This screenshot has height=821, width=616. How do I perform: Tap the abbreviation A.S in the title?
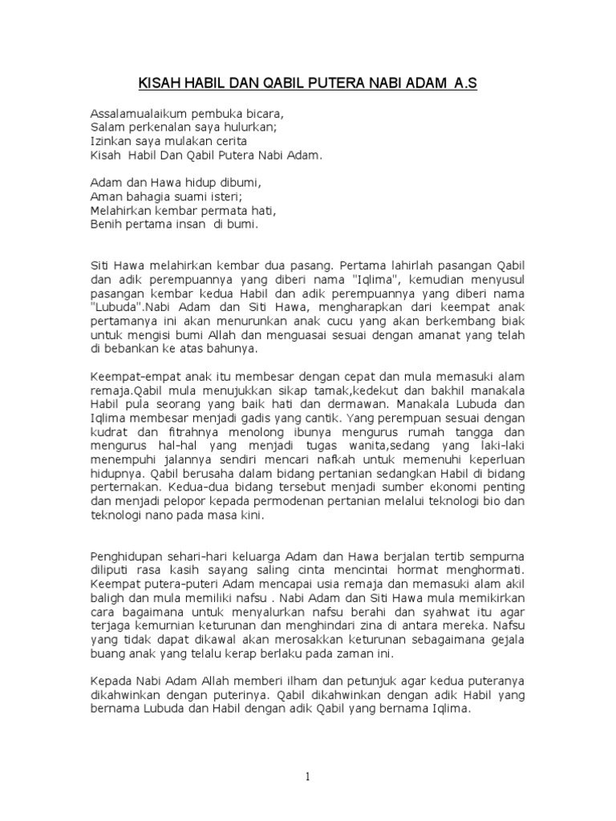[x=465, y=83]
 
